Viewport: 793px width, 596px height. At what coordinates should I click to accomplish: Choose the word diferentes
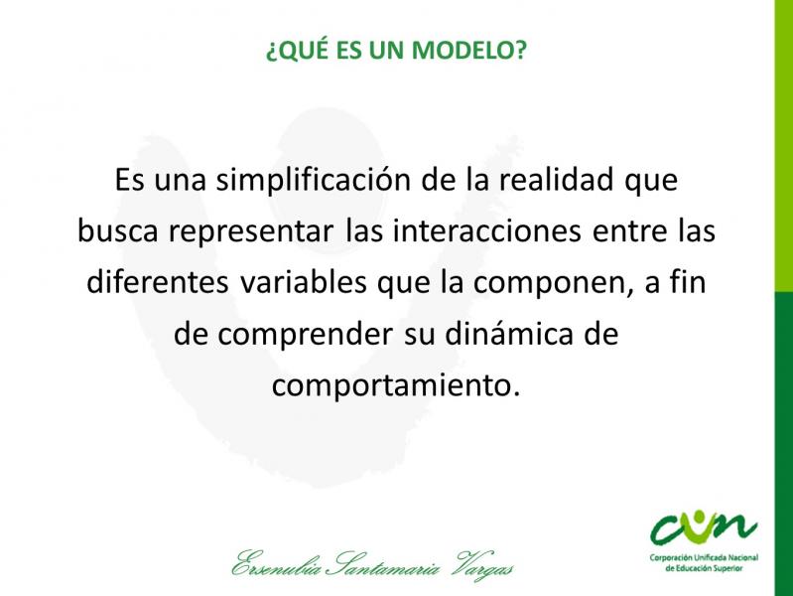click(157, 281)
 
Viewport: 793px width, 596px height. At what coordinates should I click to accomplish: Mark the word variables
click(303, 281)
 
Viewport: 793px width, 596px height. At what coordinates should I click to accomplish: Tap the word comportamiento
click(395, 385)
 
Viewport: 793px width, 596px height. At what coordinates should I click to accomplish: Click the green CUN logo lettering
click(704, 527)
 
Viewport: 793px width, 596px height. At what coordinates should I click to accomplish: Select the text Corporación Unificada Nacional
click(704, 558)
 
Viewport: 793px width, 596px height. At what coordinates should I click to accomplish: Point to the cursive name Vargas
click(484, 565)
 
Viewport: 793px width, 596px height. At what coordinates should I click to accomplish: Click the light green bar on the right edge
click(783, 146)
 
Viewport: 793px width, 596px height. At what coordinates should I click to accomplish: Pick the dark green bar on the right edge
click(783, 444)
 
